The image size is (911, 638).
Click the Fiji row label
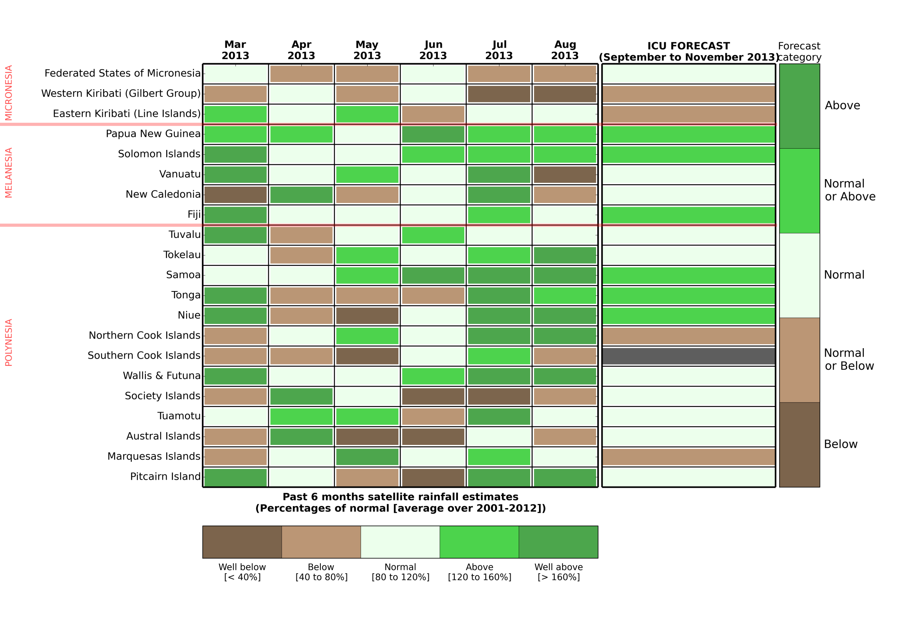click(x=194, y=215)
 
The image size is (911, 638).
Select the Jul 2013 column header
click(x=499, y=50)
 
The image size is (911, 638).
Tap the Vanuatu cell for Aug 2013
click(x=565, y=175)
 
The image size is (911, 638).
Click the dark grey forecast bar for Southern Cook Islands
click(x=688, y=356)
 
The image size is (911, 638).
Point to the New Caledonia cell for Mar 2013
click(x=235, y=195)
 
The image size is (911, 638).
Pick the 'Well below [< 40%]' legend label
click(x=242, y=572)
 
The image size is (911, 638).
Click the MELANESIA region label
click(x=9, y=173)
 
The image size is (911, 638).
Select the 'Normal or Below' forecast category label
click(x=849, y=359)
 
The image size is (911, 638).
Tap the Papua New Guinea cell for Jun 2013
click(x=433, y=134)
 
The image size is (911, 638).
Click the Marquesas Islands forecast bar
click(x=688, y=457)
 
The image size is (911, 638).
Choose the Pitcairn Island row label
click(x=165, y=477)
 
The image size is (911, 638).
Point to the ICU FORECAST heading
click(x=688, y=52)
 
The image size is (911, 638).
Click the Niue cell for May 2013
click(x=367, y=316)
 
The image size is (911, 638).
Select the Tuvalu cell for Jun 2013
click(x=433, y=235)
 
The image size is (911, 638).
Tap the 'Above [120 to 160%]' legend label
click(x=479, y=572)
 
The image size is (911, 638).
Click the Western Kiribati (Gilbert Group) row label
click(x=121, y=94)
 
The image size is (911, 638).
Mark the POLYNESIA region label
click(x=9, y=342)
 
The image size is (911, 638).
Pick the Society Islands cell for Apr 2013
click(x=301, y=396)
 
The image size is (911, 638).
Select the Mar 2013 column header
click(x=235, y=50)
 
